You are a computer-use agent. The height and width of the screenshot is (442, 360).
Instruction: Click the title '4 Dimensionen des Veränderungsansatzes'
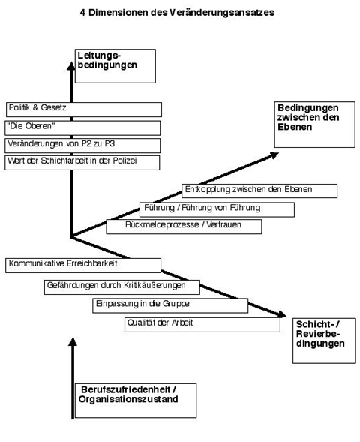177,13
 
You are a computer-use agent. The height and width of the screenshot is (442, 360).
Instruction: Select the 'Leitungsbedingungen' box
115,66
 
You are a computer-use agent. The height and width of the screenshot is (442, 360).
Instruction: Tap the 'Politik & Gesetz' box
84,110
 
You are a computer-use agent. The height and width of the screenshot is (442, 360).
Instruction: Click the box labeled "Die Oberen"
82,128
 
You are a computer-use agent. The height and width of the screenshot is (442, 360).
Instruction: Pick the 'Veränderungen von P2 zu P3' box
82,146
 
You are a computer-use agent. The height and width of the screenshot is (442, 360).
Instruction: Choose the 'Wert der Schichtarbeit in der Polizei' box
82,163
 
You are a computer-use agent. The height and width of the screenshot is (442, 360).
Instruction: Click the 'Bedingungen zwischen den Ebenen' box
315,125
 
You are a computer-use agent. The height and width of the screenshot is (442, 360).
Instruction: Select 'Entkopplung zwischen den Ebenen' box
259,191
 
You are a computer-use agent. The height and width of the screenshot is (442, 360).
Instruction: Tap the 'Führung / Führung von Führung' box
217,209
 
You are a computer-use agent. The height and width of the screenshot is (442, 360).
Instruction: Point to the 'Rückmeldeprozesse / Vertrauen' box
184,227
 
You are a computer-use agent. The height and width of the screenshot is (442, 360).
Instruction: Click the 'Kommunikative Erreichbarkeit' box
83,266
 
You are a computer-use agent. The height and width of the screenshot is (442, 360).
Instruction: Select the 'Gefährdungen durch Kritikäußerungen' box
122,287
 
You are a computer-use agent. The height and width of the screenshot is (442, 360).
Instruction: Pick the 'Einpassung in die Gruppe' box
170,305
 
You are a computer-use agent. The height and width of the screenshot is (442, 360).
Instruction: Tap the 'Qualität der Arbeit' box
202,325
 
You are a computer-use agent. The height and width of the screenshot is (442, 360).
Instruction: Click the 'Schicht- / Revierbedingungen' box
324,341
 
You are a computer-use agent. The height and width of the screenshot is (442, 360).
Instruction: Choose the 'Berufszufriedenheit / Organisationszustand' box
136,401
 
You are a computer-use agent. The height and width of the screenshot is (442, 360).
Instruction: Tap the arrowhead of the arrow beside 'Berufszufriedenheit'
73,341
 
